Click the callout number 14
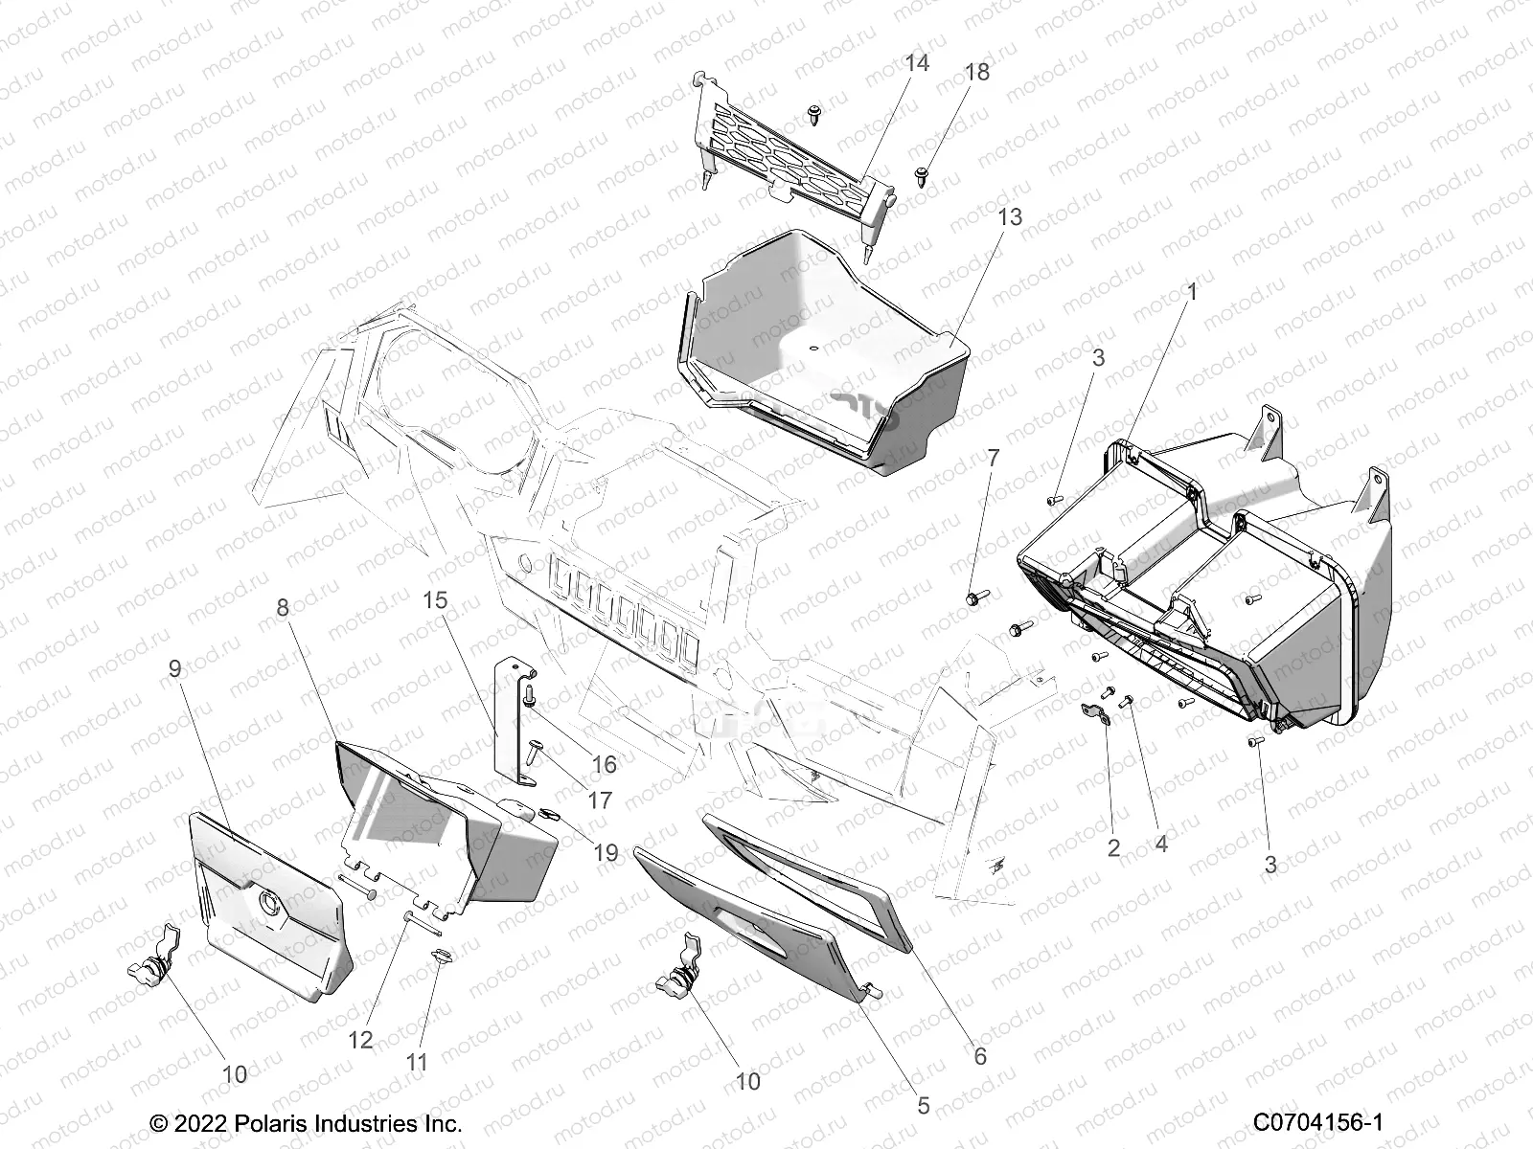pyautogui.click(x=917, y=64)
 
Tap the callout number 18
pyautogui.click(x=977, y=73)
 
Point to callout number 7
pyautogui.click(x=993, y=458)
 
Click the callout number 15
pyautogui.click(x=435, y=600)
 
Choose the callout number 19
pyautogui.click(x=605, y=852)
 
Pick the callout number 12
pyautogui.click(x=360, y=1040)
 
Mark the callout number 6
pyautogui.click(x=979, y=1057)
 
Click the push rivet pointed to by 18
pyautogui.click(x=922, y=176)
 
